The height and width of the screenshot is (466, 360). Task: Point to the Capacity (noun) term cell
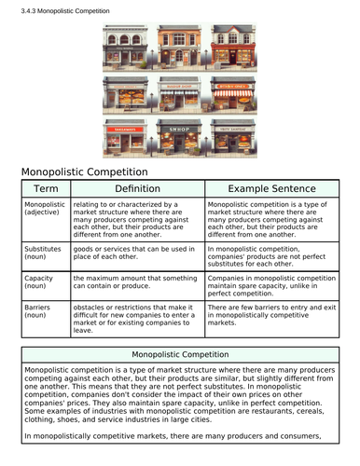[38, 283]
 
